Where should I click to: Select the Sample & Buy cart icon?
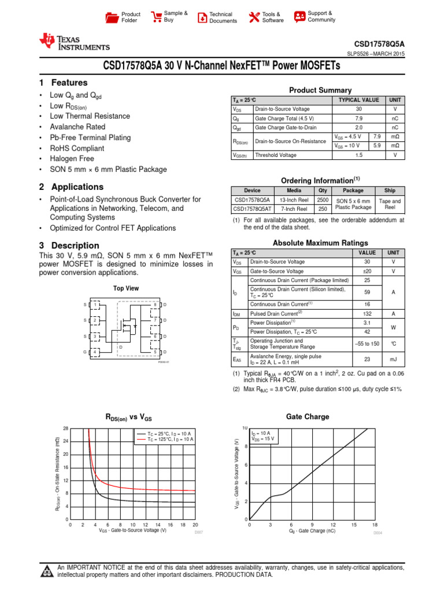(x=156, y=17)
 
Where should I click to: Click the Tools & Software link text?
(x=273, y=17)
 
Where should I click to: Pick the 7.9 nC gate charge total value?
(x=358, y=118)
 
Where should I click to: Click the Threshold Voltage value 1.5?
(x=358, y=155)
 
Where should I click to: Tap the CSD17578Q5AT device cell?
(x=251, y=209)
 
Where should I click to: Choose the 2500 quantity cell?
(x=323, y=200)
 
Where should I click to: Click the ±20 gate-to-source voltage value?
(x=367, y=271)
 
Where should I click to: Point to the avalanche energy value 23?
(x=367, y=359)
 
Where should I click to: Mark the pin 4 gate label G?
(x=84, y=352)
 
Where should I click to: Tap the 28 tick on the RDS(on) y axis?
(x=65, y=428)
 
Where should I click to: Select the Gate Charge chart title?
(x=308, y=416)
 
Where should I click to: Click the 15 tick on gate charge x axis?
(x=354, y=524)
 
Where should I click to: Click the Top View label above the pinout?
(x=125, y=288)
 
